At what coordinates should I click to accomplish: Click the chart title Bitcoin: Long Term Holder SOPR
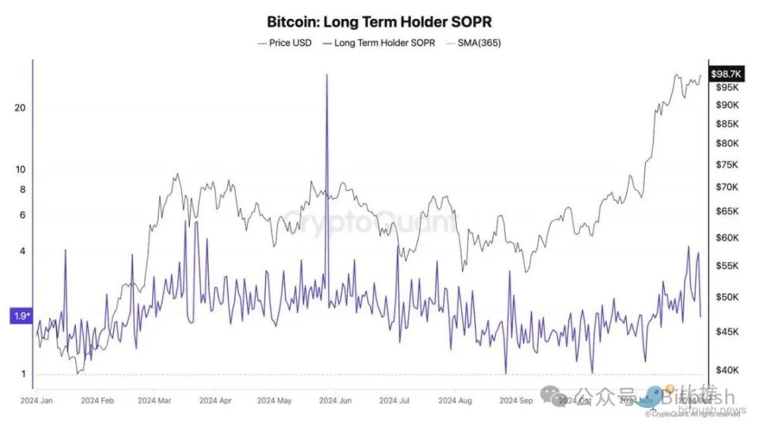pos(379,22)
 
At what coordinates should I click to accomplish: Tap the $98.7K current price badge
pos(729,74)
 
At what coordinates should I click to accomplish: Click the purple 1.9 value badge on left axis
pos(20,316)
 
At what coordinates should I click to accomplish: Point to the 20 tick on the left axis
pos(20,107)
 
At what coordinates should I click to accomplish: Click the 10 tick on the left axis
pos(20,169)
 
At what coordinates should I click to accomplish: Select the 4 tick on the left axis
pos(22,251)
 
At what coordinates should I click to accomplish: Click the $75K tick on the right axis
pos(727,165)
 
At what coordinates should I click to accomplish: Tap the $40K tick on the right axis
pos(727,370)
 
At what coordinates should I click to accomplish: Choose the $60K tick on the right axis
pos(727,238)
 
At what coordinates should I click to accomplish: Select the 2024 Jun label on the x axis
pos(335,401)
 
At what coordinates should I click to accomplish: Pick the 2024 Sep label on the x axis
pos(517,401)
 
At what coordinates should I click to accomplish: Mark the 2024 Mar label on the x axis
pos(154,401)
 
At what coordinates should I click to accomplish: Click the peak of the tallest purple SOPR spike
pos(327,74)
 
